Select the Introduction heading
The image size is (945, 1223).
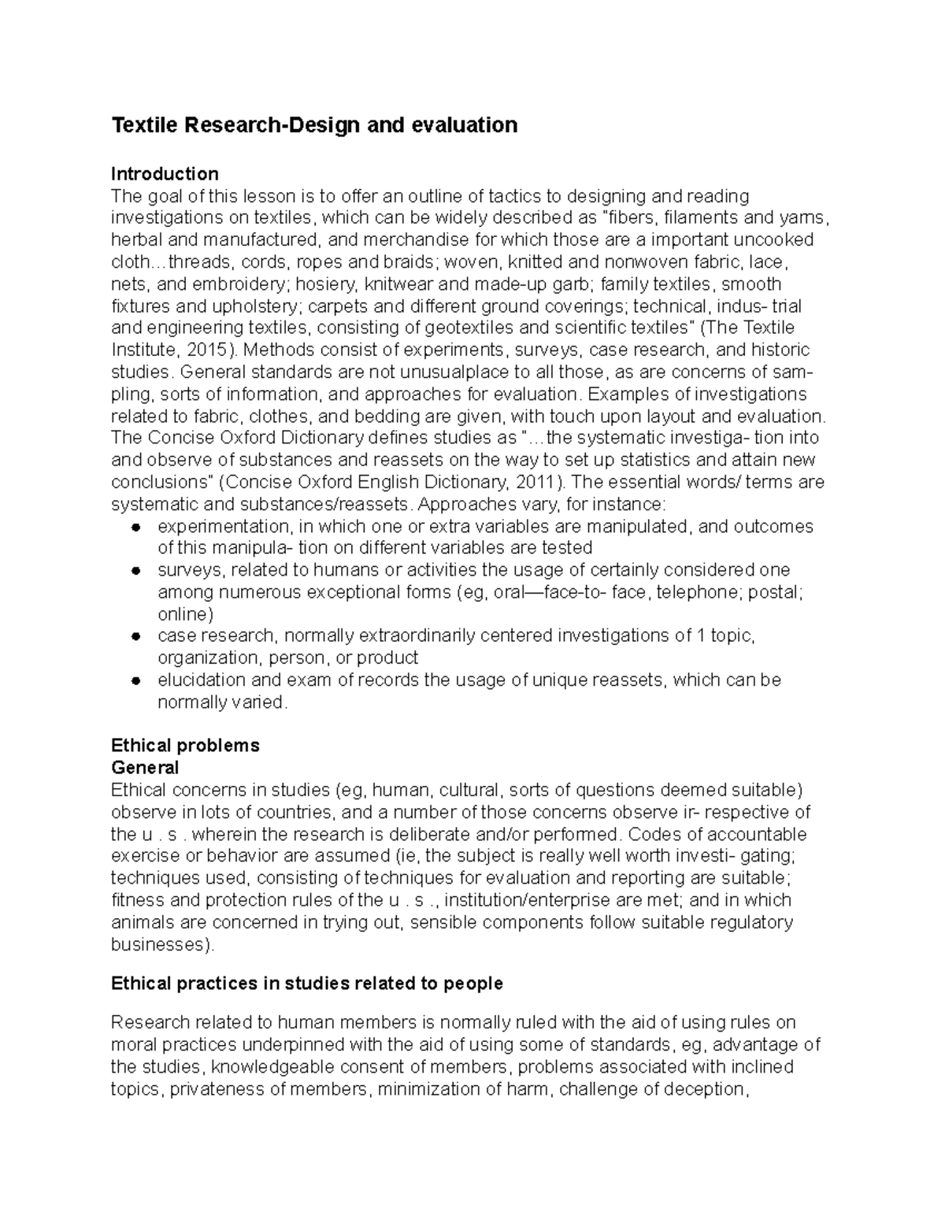coord(165,173)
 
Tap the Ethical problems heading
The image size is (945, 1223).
coord(185,746)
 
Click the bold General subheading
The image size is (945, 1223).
coord(145,768)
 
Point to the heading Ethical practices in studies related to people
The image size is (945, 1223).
coord(306,984)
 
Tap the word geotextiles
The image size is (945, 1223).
coord(472,328)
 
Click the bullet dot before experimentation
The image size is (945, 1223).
coord(135,526)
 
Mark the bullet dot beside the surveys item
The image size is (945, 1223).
coord(135,570)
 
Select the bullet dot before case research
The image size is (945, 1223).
coord(135,636)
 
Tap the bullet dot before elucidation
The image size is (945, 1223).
coord(135,680)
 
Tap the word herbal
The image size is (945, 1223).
coord(135,239)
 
